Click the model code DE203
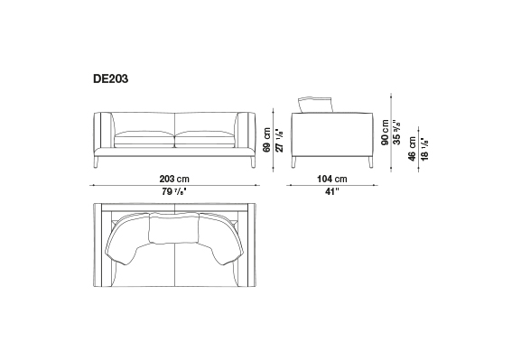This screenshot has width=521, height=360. coord(111,79)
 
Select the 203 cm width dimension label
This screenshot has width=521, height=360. coord(174,179)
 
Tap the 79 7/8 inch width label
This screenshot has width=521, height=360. coord(174,191)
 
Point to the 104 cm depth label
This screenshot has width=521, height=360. coord(332,179)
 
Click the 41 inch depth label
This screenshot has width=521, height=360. coord(332,191)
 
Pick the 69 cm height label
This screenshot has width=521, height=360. coord(266,140)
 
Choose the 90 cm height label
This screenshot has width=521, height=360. coord(386,132)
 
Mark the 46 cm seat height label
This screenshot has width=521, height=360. coord(413,149)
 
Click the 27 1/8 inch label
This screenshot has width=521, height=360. coord(280,140)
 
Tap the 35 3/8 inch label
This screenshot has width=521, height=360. coord(397,132)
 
